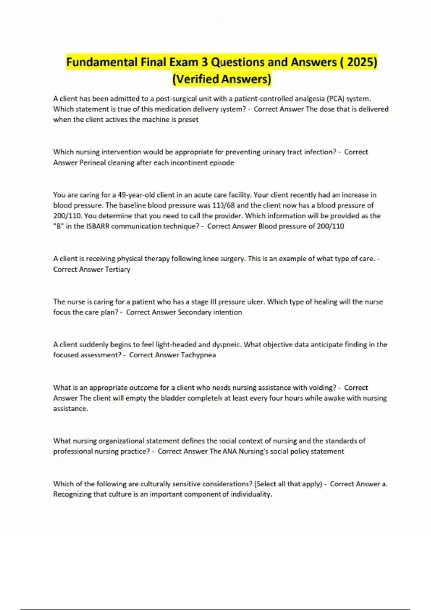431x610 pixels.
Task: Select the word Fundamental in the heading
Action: (x=102, y=62)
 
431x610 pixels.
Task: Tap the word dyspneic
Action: (x=226, y=345)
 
